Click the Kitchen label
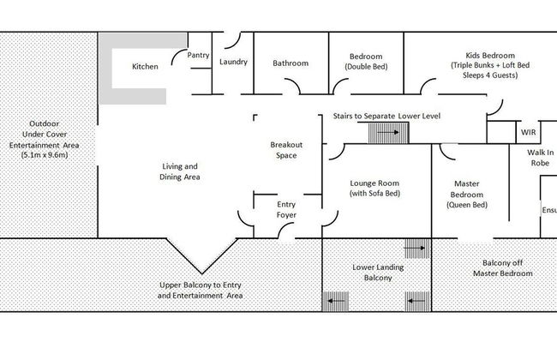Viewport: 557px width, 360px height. click(x=145, y=67)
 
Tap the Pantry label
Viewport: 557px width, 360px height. click(x=198, y=55)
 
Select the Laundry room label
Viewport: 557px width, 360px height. click(x=233, y=62)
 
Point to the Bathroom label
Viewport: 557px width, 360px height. click(x=290, y=63)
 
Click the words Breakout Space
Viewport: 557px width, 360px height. click(x=286, y=150)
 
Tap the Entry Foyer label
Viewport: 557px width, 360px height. click(x=286, y=210)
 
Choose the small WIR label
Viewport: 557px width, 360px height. click(x=528, y=132)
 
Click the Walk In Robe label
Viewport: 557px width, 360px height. click(x=541, y=158)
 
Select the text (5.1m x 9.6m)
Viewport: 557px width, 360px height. click(x=45, y=155)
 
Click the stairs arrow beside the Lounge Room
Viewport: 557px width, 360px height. click(x=388, y=133)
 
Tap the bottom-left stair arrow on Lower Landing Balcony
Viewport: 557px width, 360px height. click(x=336, y=301)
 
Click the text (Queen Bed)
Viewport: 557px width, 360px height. click(x=467, y=205)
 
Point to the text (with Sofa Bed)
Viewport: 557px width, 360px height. click(x=374, y=194)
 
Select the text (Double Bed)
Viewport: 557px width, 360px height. click(x=366, y=67)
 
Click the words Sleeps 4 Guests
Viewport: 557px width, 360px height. click(x=490, y=75)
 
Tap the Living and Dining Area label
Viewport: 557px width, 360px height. click(x=180, y=171)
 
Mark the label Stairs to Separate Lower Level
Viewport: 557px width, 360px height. click(x=386, y=117)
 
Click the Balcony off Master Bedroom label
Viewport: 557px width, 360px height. click(x=503, y=268)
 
